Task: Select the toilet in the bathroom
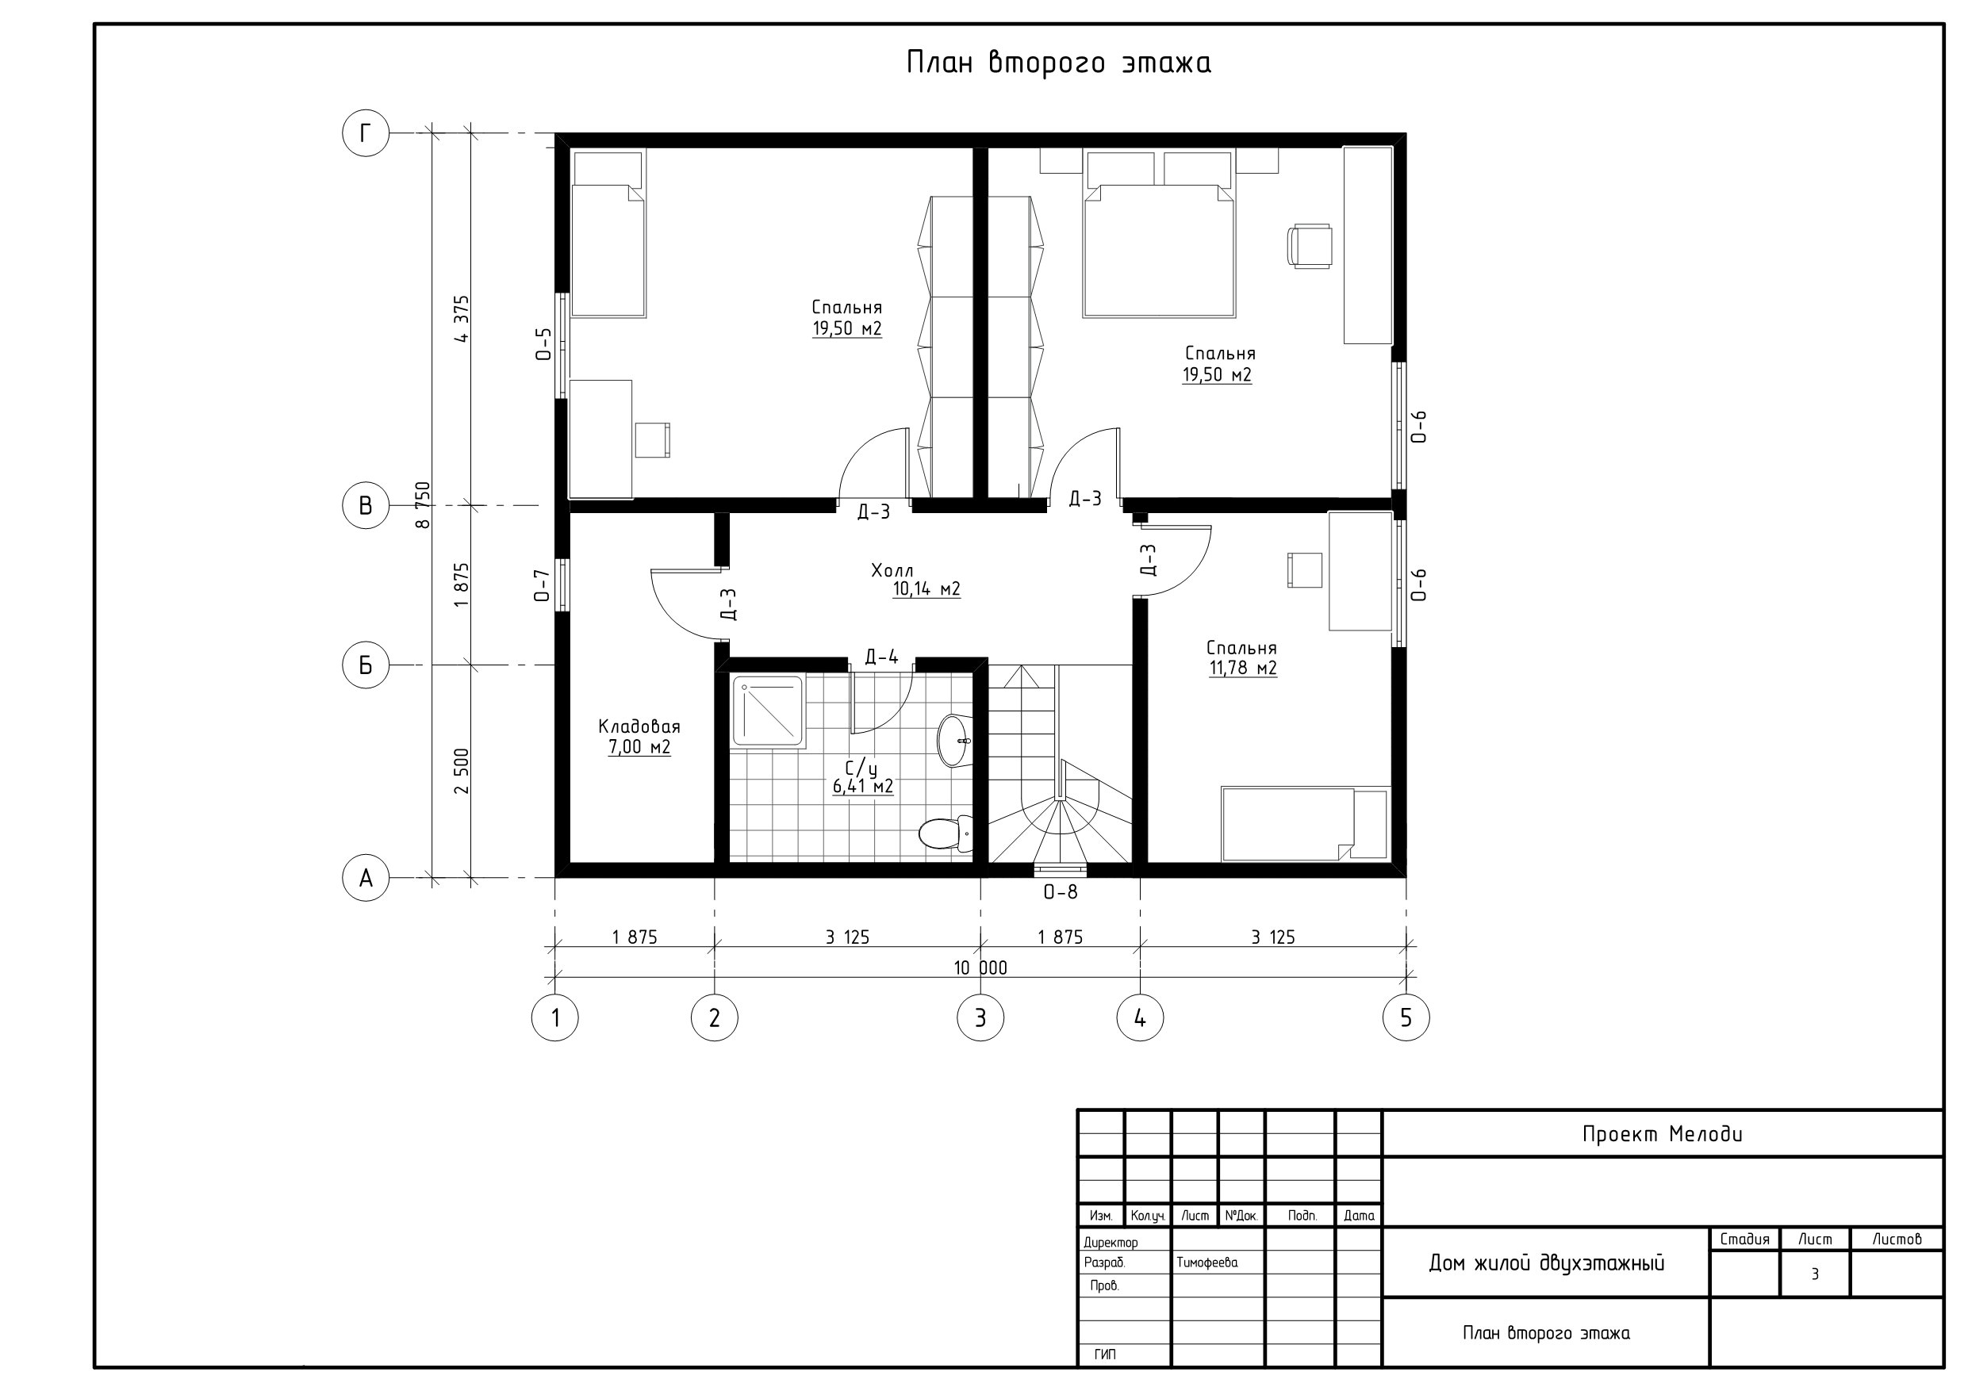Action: click(946, 831)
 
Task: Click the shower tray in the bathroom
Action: click(768, 711)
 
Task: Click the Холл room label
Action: click(892, 571)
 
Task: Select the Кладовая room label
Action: click(639, 726)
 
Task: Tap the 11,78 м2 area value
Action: click(1243, 668)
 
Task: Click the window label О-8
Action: click(1061, 892)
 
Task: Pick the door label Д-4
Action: click(881, 657)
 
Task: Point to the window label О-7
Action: click(542, 585)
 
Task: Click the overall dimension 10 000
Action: click(980, 968)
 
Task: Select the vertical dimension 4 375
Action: click(462, 319)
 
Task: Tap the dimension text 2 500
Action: click(462, 772)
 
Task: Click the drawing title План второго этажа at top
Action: click(1059, 63)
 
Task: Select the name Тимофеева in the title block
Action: click(1207, 1263)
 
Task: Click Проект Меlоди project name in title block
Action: click(1662, 1134)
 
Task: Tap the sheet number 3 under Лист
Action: click(1815, 1274)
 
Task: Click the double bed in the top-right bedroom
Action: click(1160, 234)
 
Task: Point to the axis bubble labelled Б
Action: click(366, 665)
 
